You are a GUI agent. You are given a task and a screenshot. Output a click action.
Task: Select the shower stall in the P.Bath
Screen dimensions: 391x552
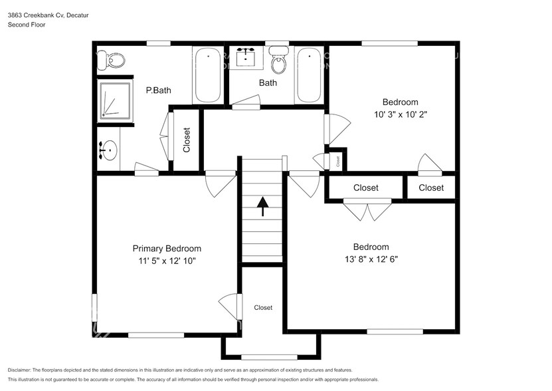116,100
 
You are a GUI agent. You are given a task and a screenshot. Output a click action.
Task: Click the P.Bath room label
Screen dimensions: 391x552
159,90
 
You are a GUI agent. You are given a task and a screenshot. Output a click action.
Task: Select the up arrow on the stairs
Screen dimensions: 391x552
262,207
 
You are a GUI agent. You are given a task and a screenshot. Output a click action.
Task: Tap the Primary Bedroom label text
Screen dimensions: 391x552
167,249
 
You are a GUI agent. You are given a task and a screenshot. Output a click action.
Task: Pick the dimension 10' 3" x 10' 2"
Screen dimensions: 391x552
400,114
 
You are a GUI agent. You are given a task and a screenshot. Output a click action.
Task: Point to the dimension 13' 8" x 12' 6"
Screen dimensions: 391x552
371,259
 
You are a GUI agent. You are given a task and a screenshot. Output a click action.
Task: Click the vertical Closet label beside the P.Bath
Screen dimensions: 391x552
187,140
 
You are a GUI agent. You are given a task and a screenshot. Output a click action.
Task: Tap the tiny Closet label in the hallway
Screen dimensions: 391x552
337,160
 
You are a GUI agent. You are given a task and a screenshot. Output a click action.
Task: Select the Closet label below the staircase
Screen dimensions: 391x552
263,308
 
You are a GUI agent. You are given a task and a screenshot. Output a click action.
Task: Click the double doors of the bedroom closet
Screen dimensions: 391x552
367,211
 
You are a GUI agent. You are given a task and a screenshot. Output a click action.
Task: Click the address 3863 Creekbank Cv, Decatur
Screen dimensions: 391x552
48,14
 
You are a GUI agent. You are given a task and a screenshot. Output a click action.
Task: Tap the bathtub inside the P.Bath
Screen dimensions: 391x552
209,74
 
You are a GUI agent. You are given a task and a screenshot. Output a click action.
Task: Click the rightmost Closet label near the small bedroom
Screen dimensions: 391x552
431,188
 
